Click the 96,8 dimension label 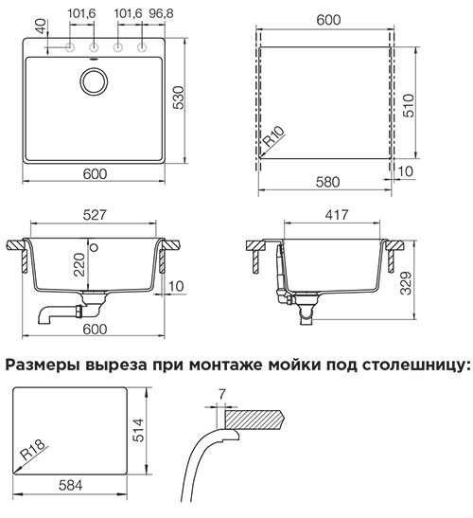[x=161, y=13]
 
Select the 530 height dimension [x=179, y=98]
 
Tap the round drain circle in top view [x=94, y=81]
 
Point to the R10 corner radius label [x=274, y=136]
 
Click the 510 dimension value [x=409, y=105]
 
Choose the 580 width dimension [x=327, y=182]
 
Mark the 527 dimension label [x=95, y=215]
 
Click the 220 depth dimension [x=79, y=264]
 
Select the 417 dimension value [x=337, y=215]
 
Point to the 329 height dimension [x=406, y=283]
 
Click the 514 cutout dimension [x=139, y=430]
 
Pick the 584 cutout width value [x=71, y=485]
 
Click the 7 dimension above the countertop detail [x=222, y=394]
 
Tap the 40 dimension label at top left [x=41, y=27]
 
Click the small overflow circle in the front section [x=95, y=247]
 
